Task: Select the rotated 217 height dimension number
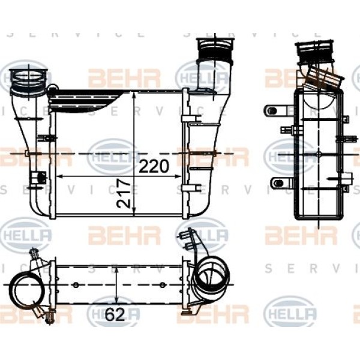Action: pyautogui.click(x=124, y=193)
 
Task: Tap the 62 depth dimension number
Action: pyautogui.click(x=115, y=314)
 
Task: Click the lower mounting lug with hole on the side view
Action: pyautogui.click(x=277, y=183)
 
